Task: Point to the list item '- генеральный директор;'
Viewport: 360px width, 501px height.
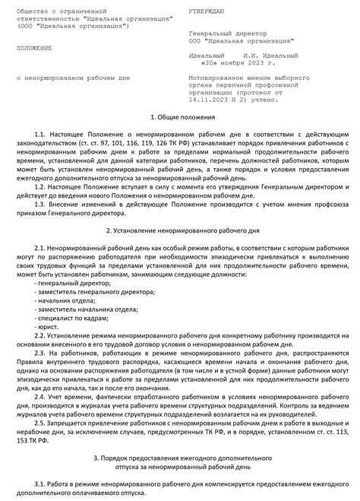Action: click(72, 283)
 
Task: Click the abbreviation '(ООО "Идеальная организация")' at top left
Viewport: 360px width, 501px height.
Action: click(73, 27)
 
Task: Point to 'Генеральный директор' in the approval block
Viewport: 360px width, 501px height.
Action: click(227, 34)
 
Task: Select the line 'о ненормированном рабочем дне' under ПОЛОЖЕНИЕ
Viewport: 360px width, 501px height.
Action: click(74, 78)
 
